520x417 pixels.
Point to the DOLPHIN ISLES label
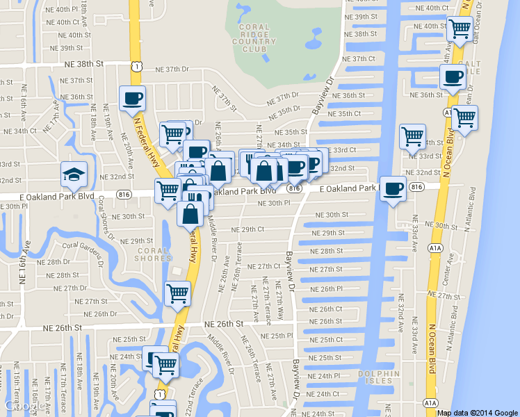point(379,377)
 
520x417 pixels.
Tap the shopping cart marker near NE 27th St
point(177,293)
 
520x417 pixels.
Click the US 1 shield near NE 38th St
point(138,66)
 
